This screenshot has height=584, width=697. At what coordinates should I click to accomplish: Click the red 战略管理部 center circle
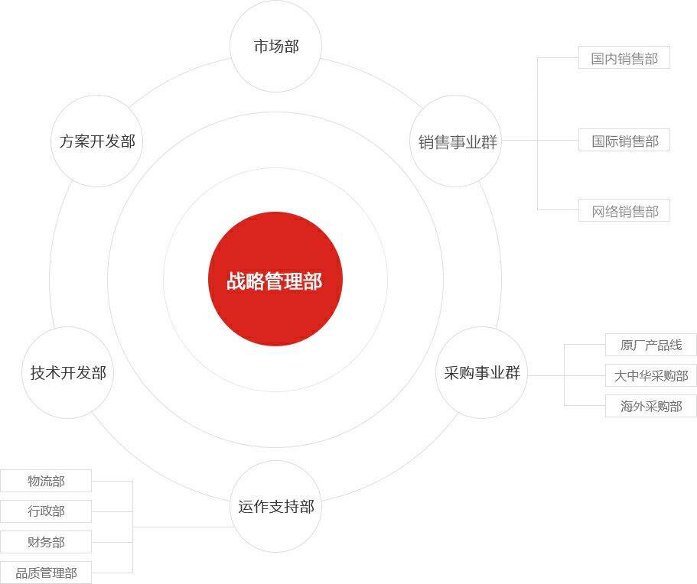275,279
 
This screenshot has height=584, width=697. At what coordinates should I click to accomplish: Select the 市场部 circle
275,46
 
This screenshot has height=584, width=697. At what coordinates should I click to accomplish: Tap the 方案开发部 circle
97,141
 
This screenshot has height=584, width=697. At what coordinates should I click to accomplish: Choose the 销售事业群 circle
456,141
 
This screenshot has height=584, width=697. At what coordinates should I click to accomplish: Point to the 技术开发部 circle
67,372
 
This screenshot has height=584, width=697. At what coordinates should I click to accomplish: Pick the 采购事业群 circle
481,372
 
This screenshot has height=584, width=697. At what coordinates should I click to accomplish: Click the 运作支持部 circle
275,506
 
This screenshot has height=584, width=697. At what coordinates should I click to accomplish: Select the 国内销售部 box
624,57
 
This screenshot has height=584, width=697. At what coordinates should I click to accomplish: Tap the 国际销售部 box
624,140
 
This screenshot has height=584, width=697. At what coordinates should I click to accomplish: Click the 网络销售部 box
624,210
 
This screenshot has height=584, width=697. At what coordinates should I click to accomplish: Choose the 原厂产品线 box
651,345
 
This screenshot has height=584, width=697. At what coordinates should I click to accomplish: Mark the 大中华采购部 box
651,376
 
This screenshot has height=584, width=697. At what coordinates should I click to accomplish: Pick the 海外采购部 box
651,406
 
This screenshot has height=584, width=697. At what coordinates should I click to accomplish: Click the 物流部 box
46,481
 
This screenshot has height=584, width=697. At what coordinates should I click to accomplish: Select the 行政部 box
46,511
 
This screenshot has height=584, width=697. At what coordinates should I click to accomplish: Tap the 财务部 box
46,542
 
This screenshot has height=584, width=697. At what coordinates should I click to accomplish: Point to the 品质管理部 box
46,573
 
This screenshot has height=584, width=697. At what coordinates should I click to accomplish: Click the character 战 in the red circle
236,281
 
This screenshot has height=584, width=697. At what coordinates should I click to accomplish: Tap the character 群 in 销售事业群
489,142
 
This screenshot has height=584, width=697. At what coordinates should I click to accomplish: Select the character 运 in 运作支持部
246,507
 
